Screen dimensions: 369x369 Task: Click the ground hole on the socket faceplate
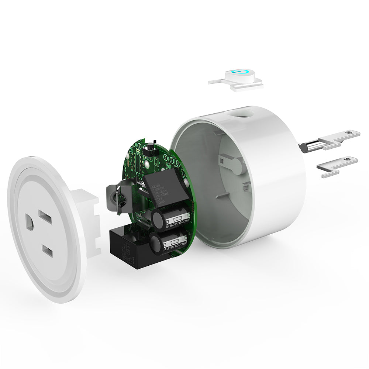pyautogui.click(x=30, y=223)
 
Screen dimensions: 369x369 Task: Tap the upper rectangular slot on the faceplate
pyautogui.click(x=45, y=217)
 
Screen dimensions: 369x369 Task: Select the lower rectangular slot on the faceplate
pyautogui.click(x=47, y=252)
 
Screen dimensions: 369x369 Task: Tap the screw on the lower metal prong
pyautogui.click(x=345, y=158)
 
